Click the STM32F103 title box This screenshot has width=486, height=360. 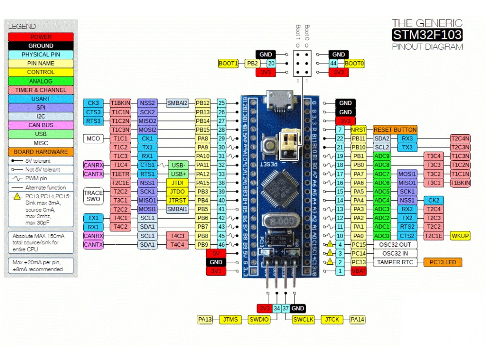coord(427,34)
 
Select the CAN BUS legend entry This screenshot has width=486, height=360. coord(41,125)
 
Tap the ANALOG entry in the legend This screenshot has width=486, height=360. coord(41,81)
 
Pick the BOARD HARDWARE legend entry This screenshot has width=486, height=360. coord(41,152)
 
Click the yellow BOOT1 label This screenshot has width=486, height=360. coord(228,63)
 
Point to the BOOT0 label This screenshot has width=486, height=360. coord(354,63)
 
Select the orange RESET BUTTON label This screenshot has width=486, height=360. coord(395,130)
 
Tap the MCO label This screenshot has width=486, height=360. coord(93,138)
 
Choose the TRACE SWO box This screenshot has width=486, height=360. coord(93,196)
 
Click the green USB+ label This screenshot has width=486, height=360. coord(178,174)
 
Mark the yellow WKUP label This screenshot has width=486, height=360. coord(460,236)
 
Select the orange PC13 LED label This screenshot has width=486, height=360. coord(442,262)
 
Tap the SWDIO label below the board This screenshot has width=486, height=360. coord(258,319)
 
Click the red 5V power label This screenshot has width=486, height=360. coord(216,253)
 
